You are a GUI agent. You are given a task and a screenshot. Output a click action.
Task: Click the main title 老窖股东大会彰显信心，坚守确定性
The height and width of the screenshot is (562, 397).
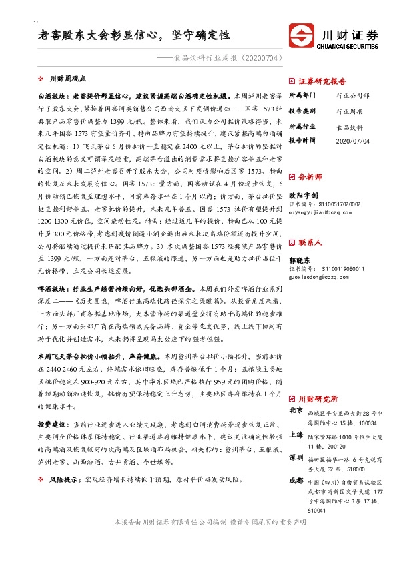(134, 34)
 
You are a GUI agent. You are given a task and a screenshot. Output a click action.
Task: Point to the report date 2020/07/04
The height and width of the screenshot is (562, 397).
(353, 141)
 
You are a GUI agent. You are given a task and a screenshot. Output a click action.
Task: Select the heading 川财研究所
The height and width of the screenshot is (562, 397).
(319, 398)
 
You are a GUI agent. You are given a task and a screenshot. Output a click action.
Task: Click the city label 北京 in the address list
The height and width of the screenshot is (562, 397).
(296, 410)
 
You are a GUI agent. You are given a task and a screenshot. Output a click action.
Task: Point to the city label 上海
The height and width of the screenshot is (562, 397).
(296, 435)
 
